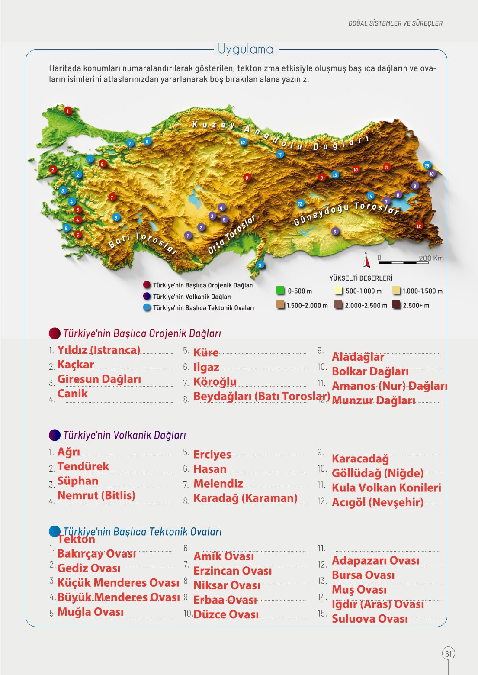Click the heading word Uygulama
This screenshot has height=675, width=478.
coord(246,49)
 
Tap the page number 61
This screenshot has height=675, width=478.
coord(448,653)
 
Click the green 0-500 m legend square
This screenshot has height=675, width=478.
coord(280,291)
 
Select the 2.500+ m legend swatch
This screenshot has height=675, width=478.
coord(396,305)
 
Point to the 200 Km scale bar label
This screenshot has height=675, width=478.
coord(431,258)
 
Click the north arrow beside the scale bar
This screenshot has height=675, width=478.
coord(366,260)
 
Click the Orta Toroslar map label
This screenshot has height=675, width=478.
coord(231,234)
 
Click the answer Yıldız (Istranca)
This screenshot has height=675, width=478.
coord(99,350)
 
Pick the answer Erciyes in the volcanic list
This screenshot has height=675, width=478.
coord(212,455)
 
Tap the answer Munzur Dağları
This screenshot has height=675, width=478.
coord(373,400)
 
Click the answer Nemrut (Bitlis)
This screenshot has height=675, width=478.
coord(96,495)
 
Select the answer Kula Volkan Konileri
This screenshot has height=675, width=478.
coord(386,488)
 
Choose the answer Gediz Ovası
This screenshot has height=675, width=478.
coord(89,568)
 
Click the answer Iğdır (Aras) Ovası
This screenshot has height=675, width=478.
coord(378,604)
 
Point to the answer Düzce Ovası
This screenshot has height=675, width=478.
coord(226,614)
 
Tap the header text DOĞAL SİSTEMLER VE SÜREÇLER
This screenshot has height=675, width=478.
coord(395,23)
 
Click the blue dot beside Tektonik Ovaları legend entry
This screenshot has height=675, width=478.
coord(147,307)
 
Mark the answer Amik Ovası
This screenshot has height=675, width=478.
coord(224,556)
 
